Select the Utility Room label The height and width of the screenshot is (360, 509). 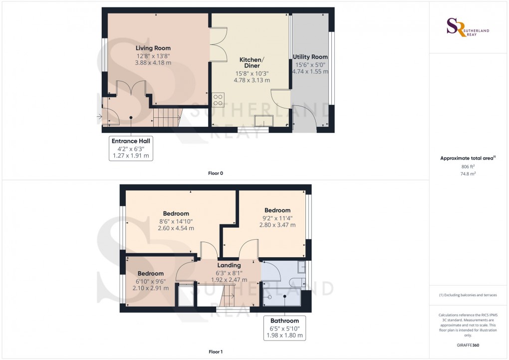click(310, 57)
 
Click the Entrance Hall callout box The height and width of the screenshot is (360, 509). click(130, 148)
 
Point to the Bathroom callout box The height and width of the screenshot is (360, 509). click(284, 328)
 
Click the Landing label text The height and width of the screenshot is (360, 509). click(229, 266)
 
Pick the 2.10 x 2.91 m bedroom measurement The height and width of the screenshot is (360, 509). click(151, 288)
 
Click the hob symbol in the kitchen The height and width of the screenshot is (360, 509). click(218, 100)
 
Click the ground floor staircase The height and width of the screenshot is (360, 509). click(167, 118)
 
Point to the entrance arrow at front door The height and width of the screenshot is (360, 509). click(99, 117)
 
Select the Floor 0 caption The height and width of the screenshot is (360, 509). click(216, 173)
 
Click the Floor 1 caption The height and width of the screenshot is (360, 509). click(216, 352)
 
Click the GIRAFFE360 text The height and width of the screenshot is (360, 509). click(468, 345)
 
